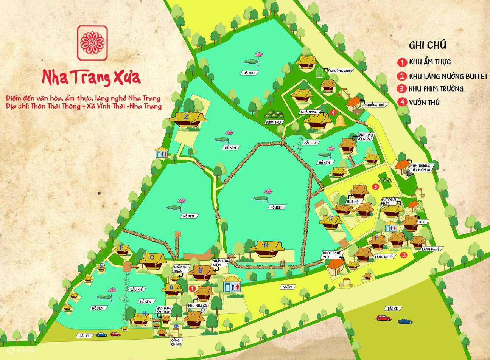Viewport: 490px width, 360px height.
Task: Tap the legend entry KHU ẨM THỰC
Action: point(429,62)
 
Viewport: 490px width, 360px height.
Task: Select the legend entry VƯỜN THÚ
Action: point(424,102)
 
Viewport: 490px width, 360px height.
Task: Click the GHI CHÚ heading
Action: point(428,45)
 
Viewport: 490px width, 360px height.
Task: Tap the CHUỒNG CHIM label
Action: point(339,70)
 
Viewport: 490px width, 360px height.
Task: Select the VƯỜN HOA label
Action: point(274,122)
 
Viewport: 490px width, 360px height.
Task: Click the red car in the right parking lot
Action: point(383,318)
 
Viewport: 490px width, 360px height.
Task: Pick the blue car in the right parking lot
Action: point(404,321)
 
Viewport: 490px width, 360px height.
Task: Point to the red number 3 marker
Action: point(375,186)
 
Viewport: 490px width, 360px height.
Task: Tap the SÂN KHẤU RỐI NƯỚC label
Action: point(365,137)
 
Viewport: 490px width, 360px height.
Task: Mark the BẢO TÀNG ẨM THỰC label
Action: point(164,310)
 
